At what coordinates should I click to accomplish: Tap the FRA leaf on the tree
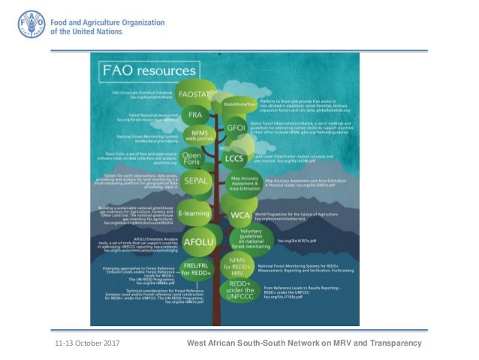click(x=195, y=115)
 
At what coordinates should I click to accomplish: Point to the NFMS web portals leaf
click(x=200, y=137)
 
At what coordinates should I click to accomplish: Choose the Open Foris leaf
click(x=193, y=161)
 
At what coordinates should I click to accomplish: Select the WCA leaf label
click(x=239, y=215)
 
